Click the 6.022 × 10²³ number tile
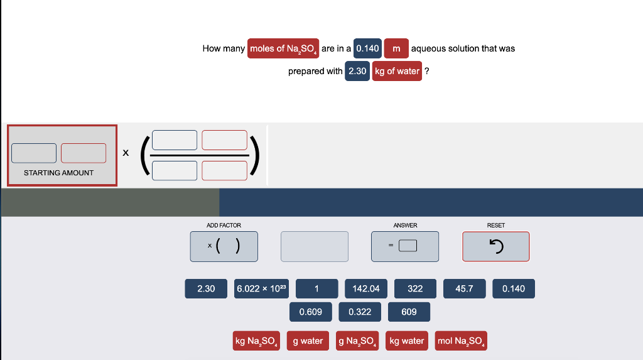261,288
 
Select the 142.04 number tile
366,288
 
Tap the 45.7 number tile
464,288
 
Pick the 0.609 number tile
310,312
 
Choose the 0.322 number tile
359,312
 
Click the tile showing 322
415,288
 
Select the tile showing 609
409,312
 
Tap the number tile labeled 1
316,288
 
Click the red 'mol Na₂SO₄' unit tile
460,341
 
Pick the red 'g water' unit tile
308,341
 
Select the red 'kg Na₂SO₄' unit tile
256,341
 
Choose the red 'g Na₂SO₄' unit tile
357,341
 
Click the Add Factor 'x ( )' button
224,246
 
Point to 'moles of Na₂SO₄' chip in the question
283,48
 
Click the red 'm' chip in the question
396,48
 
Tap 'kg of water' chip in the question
397,71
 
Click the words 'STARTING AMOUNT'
58,173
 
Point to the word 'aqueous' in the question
428,48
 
